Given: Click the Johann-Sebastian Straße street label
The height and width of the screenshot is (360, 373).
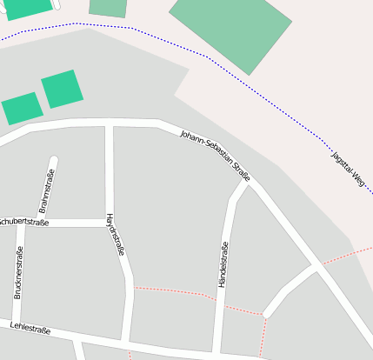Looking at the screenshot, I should pyautogui.click(x=215, y=157).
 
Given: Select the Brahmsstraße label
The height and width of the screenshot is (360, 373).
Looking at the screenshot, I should pyautogui.click(x=48, y=193).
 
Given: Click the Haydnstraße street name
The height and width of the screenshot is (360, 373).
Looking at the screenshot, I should pyautogui.click(x=116, y=234).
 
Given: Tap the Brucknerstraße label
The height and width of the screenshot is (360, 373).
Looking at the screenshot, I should pyautogui.click(x=18, y=273).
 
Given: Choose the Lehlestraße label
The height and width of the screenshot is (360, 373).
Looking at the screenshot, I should pyautogui.click(x=30, y=329).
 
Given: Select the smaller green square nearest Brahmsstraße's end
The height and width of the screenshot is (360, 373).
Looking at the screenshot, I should pyautogui.click(x=63, y=89).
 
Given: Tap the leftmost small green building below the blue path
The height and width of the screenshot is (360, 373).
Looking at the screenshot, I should pyautogui.click(x=22, y=109).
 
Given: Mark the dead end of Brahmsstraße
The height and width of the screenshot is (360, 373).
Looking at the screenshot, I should pyautogui.click(x=53, y=161).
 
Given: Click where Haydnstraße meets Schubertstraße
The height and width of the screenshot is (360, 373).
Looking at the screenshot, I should pyautogui.click(x=109, y=223).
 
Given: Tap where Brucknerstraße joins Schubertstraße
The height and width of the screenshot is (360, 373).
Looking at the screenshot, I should pyautogui.click(x=20, y=223).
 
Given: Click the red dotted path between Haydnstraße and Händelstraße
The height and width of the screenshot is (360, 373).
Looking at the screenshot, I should pyautogui.click(x=174, y=291).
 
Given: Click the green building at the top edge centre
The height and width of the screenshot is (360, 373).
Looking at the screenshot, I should pyautogui.click(x=108, y=7).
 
